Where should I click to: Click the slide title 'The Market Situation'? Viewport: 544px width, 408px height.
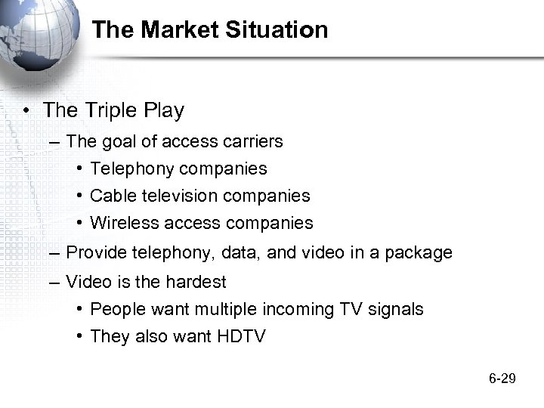click(210, 30)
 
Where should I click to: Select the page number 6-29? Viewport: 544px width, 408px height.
click(502, 378)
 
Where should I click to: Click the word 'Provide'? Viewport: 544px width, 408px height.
click(96, 252)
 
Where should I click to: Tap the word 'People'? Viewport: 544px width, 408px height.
click(116, 309)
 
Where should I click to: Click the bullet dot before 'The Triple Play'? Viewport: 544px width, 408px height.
click(26, 111)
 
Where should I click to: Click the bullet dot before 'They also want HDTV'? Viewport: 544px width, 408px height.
click(79, 336)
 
